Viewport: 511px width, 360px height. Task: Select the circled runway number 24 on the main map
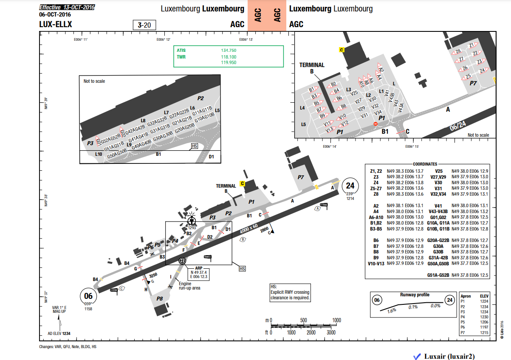[350, 186]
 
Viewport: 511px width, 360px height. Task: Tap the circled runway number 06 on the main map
[88, 296]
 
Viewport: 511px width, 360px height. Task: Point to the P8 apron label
[160, 299]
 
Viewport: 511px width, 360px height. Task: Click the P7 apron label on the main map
[301, 177]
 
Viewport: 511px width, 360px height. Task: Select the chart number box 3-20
[144, 25]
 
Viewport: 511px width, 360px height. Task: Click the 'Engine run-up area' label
[189, 286]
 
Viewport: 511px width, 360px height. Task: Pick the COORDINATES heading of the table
[425, 164]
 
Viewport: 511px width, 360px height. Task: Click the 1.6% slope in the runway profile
[392, 310]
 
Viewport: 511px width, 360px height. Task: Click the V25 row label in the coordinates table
[439, 171]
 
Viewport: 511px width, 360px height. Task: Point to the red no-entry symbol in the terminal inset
[375, 124]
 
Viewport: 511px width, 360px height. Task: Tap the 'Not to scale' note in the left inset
[94, 81]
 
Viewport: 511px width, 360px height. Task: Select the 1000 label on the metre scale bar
[336, 320]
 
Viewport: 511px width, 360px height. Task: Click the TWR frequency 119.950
[229, 62]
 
